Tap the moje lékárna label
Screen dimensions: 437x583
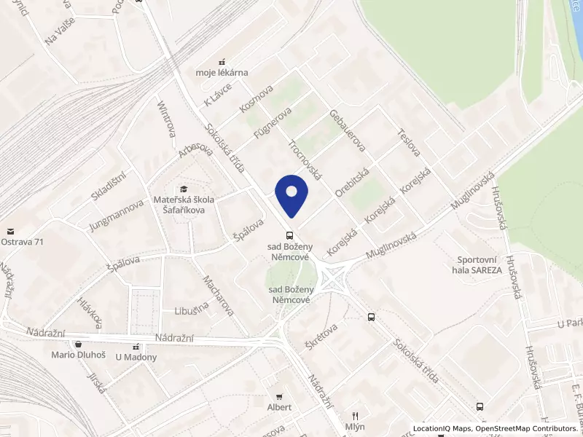pyautogui.click(x=222, y=72)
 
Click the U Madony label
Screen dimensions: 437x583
pyautogui.click(x=136, y=357)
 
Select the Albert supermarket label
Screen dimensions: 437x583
pyautogui.click(x=279, y=407)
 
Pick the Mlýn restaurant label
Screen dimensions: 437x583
pyautogui.click(x=356, y=426)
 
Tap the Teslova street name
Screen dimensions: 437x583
pyautogui.click(x=410, y=143)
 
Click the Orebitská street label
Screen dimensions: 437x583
pyautogui.click(x=353, y=181)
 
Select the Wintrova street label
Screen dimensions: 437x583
pyautogui.click(x=167, y=119)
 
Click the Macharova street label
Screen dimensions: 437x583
pyautogui.click(x=219, y=295)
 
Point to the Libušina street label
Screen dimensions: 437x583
pyautogui.click(x=192, y=310)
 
